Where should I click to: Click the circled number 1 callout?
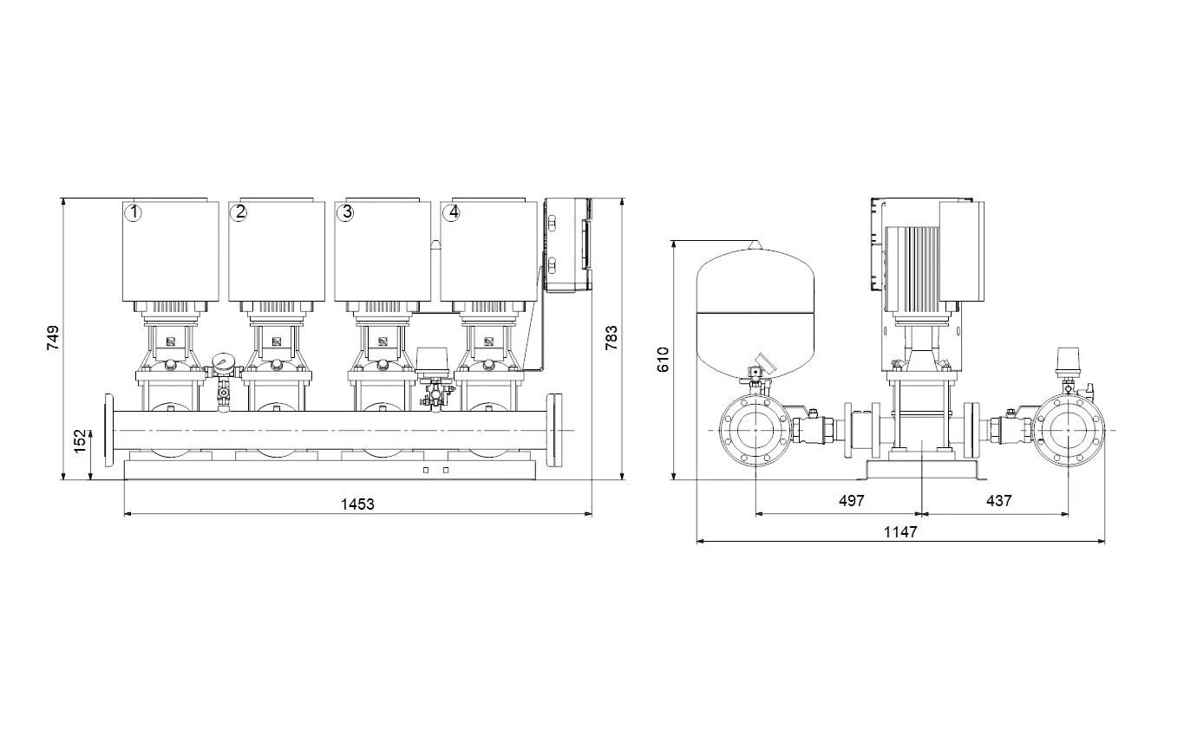133,212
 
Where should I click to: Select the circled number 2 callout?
239,212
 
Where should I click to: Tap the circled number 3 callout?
346,212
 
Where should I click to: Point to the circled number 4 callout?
452,212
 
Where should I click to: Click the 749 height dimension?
53,337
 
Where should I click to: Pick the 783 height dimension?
611,337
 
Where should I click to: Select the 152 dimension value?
80,441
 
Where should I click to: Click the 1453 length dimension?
357,504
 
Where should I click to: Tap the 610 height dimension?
663,360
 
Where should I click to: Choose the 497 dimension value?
851,501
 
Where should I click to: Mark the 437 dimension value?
998,501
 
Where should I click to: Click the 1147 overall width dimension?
900,532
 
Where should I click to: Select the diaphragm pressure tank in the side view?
755,313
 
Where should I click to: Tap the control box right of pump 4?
568,245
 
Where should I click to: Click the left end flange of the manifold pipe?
109,431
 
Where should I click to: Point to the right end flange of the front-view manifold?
554,431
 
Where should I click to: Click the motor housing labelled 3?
383,251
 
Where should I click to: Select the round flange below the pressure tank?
755,431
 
